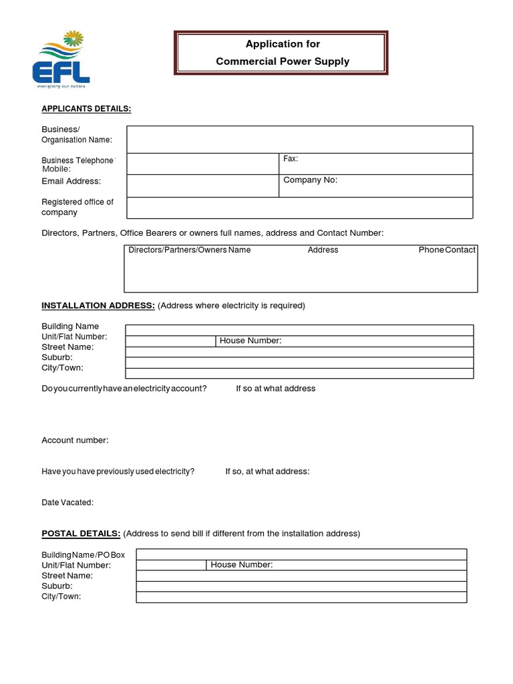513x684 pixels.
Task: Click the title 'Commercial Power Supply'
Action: [283, 61]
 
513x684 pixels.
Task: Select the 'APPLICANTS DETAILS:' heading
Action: [86, 109]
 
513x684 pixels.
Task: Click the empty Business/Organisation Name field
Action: [299, 140]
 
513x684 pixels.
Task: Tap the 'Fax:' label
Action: [291, 159]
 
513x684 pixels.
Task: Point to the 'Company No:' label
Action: [310, 180]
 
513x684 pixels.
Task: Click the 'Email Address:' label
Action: [71, 181]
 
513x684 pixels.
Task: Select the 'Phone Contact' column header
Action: [447, 250]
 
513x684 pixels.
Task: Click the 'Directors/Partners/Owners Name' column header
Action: [190, 250]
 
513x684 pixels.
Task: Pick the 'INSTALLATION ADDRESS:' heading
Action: [98, 305]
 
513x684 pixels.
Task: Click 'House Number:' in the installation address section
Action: [250, 341]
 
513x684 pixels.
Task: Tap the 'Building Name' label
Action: [70, 327]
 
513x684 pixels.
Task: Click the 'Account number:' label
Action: [75, 440]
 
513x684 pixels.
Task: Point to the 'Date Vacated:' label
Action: [67, 502]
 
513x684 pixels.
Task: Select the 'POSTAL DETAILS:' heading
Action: [81, 533]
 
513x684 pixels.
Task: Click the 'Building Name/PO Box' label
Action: [83, 554]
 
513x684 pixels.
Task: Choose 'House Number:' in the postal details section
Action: [242, 564]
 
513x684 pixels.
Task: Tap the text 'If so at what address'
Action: [275, 388]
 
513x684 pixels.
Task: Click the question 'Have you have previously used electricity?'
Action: [118, 471]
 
